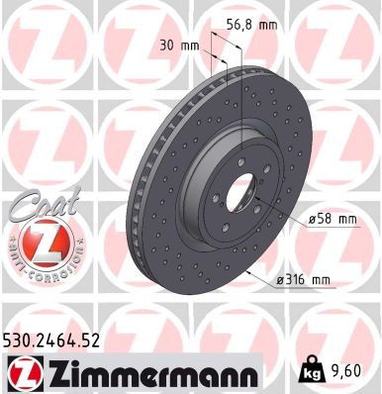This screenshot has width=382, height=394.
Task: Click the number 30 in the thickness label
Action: click(166, 44)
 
